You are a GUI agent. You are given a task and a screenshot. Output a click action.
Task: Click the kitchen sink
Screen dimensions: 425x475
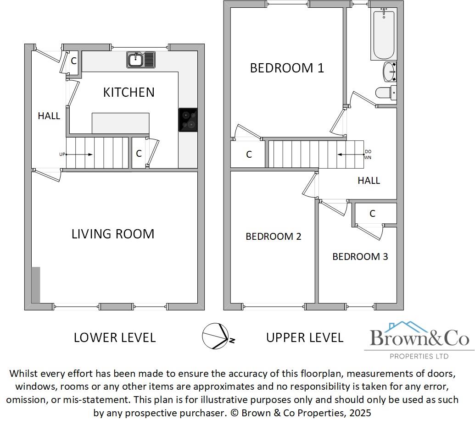point(142,60)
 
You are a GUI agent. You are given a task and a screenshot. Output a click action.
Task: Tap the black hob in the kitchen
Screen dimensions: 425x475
point(188,120)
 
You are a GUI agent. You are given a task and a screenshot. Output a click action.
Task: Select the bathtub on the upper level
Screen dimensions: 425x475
point(383,34)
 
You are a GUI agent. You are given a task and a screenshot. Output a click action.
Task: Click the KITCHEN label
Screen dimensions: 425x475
point(129,92)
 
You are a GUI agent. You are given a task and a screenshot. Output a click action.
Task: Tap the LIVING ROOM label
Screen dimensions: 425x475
point(113,234)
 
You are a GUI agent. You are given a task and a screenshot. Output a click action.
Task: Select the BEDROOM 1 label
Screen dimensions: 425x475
point(287,68)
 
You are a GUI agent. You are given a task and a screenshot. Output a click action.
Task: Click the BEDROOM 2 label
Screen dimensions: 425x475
point(273,237)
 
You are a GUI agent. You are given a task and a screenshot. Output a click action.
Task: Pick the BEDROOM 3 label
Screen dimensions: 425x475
point(360,257)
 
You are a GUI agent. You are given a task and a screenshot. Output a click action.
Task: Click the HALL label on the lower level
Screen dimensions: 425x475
point(49,116)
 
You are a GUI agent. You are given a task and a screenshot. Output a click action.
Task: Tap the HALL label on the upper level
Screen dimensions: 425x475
point(369,181)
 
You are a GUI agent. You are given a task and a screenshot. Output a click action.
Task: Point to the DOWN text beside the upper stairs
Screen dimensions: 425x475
point(368,155)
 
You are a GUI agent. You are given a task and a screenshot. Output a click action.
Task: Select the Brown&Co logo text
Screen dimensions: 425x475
point(419,339)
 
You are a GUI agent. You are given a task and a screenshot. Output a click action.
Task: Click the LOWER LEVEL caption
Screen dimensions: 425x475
point(115,338)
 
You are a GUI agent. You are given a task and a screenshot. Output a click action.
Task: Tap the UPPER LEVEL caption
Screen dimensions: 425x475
point(305,338)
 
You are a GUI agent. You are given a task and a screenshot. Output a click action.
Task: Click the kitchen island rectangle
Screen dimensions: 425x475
point(120,123)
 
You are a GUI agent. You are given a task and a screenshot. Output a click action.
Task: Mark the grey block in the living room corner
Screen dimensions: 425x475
point(36,285)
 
